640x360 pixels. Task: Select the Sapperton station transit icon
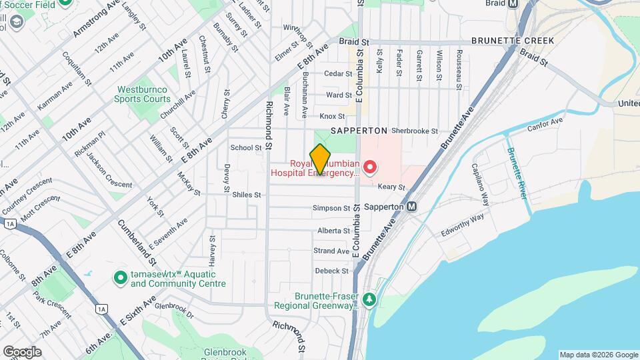tap(413, 207)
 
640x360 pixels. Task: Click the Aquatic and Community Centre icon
tap(120, 277)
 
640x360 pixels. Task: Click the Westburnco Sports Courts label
tap(144, 94)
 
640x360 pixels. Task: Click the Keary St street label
tap(392, 187)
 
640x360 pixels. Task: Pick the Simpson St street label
tap(331, 208)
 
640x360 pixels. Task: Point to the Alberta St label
tap(333, 230)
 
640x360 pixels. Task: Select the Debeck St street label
tap(331, 271)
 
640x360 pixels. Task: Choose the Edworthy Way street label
tap(462, 225)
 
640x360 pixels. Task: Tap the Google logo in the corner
tap(22, 352)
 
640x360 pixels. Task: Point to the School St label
tap(246, 147)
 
